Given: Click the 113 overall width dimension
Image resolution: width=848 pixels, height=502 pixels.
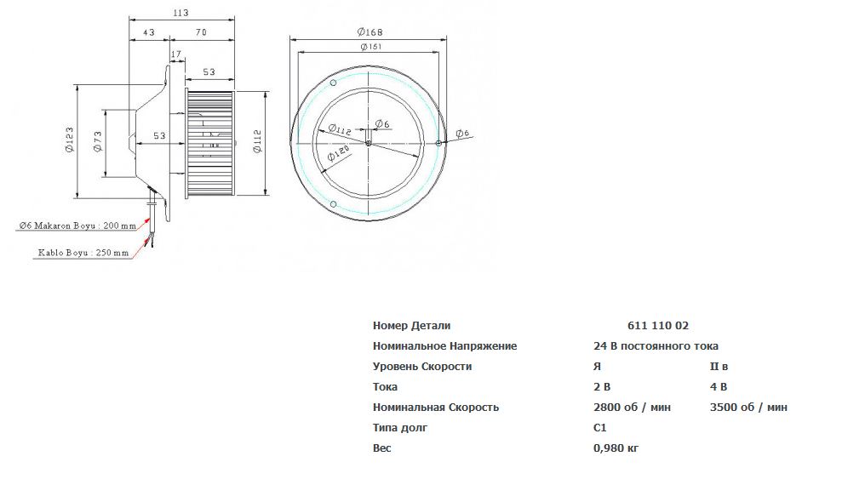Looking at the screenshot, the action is [x=180, y=13].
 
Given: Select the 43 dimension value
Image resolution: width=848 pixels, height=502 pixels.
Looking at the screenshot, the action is [x=149, y=32].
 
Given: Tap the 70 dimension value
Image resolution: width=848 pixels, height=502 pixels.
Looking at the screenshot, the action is [x=201, y=32].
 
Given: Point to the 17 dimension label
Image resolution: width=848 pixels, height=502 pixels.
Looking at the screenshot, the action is [x=175, y=54].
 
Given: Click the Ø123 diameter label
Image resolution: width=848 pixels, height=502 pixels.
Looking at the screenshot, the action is [x=70, y=140].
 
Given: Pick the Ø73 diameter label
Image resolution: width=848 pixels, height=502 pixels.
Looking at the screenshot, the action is [x=98, y=141].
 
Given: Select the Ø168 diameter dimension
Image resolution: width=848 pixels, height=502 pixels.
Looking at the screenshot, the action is [x=370, y=31].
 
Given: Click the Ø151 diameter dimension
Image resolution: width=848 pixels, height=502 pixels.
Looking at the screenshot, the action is [x=371, y=47].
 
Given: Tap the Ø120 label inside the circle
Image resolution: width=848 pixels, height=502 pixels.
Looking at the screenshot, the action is [x=338, y=152].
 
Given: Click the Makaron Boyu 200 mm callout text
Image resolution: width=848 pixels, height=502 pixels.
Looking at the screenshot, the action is [x=77, y=225].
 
